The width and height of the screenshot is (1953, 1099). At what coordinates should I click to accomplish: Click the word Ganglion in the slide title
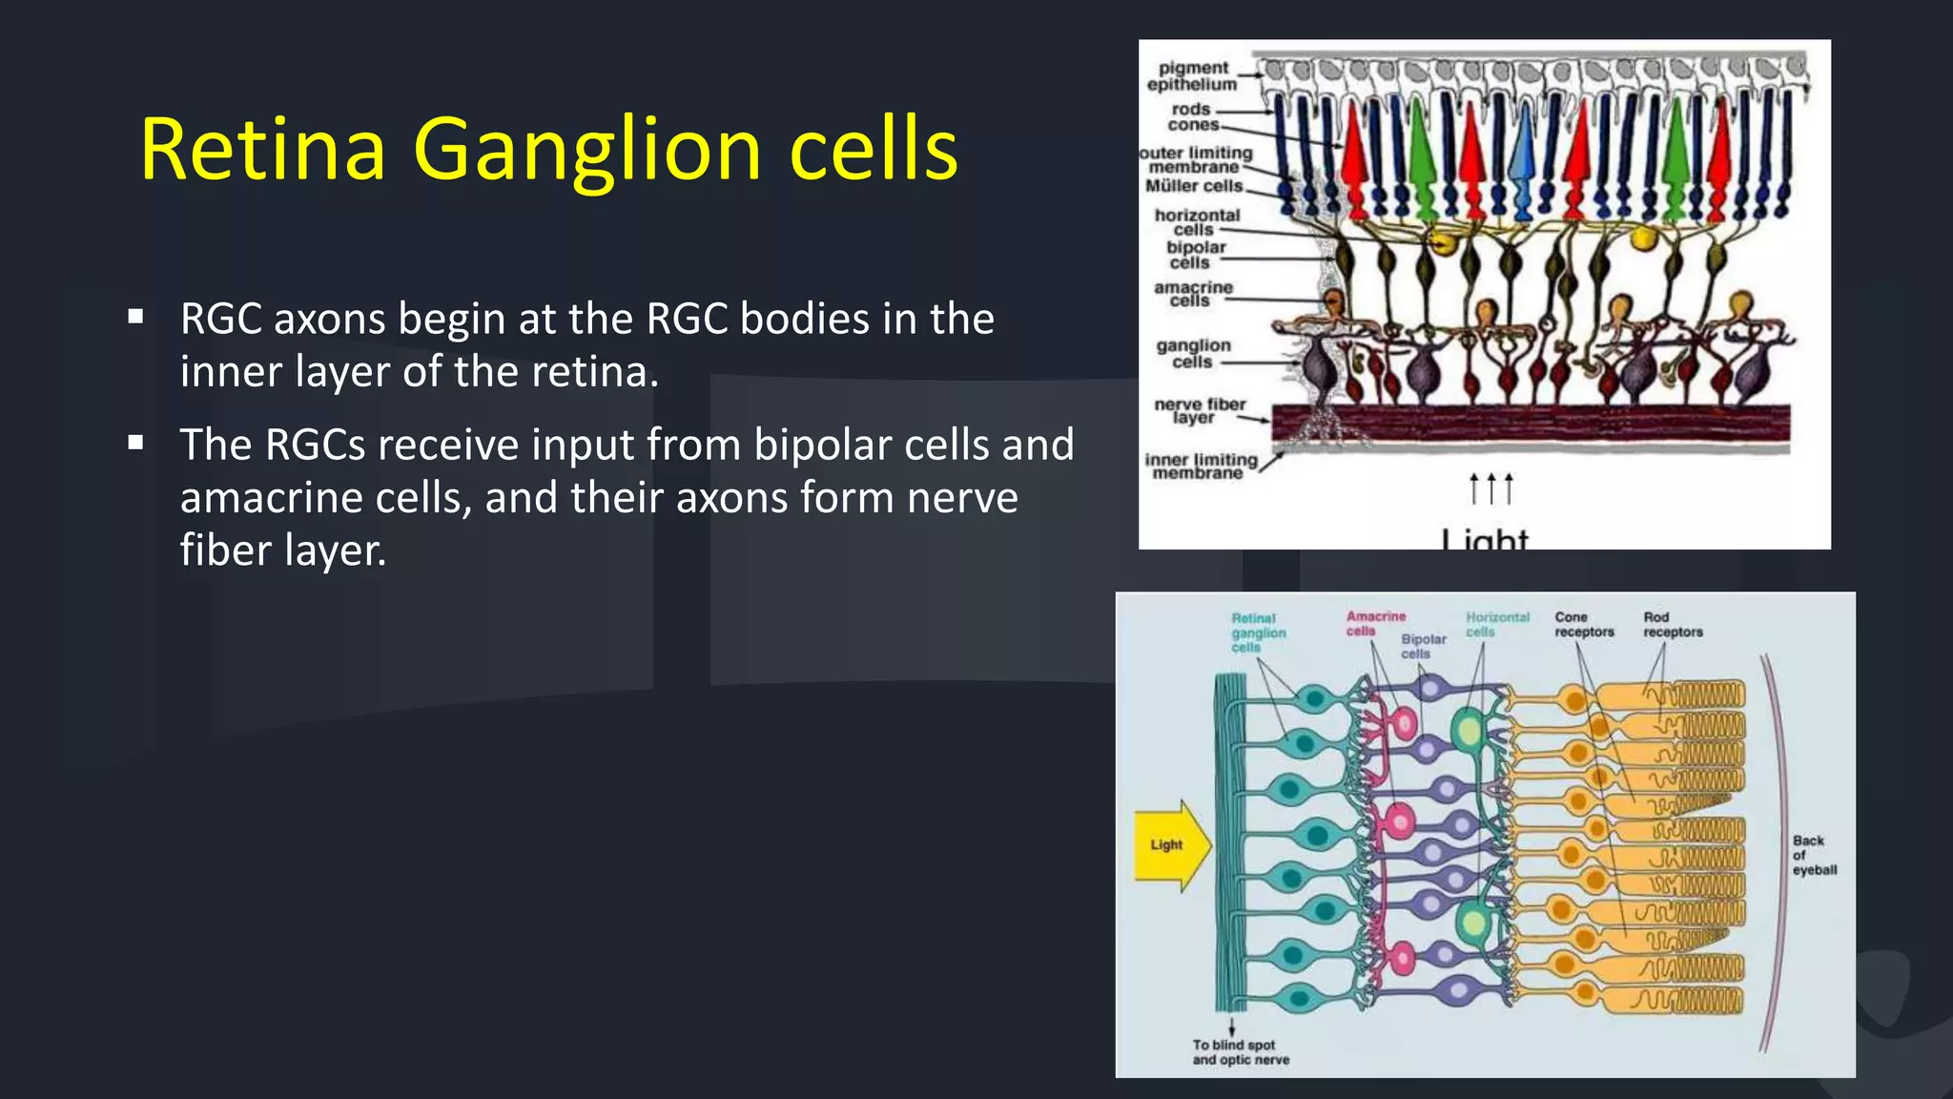(586, 151)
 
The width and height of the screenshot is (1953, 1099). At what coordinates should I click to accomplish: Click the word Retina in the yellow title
(263, 149)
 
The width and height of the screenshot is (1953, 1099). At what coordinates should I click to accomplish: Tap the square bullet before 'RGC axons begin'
(135, 317)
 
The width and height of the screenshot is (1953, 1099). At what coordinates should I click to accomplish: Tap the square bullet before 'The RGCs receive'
(135, 443)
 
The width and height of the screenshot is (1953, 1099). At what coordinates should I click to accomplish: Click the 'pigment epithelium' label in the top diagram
(1192, 76)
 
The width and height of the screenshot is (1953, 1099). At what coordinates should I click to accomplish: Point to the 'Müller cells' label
(1194, 186)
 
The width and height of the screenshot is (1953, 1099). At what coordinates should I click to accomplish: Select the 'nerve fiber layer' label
(1199, 411)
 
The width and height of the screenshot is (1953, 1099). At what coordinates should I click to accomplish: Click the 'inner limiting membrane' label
(1200, 467)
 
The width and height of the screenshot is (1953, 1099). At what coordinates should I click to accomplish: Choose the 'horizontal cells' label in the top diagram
(1197, 222)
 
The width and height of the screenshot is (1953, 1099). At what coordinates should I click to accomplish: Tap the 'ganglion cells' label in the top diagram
(1193, 354)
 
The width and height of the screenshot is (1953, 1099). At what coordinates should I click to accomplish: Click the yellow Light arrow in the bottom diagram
(1172, 845)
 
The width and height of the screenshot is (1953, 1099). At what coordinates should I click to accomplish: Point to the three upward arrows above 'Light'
(1491, 488)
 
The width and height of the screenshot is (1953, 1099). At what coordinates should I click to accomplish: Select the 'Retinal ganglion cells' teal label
(1257, 632)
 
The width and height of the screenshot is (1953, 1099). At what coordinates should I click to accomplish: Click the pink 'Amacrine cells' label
(1374, 624)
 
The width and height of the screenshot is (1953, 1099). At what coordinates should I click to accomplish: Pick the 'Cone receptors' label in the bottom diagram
(1583, 625)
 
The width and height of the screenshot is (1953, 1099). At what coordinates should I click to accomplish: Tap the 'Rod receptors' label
(1672, 625)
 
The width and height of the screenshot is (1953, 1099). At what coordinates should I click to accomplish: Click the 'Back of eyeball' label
(1813, 855)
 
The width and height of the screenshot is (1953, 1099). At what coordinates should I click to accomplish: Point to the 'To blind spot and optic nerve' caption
(1240, 1052)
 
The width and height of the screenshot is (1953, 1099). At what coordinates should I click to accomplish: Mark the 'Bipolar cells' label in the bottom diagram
(1422, 646)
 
